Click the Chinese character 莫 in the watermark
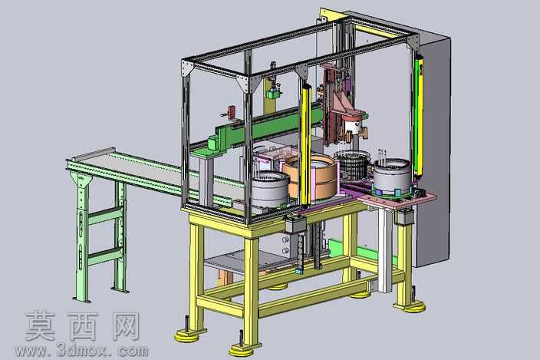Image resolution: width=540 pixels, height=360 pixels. click(x=41, y=326)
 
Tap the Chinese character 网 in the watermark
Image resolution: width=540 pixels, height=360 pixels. click(x=123, y=326)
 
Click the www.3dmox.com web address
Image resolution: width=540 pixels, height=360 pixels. click(x=81, y=350)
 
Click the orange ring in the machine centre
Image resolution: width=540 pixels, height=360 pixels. click(x=310, y=177)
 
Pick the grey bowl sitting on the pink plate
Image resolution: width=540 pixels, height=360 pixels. click(x=392, y=176)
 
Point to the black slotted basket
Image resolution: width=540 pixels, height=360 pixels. click(x=351, y=165)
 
